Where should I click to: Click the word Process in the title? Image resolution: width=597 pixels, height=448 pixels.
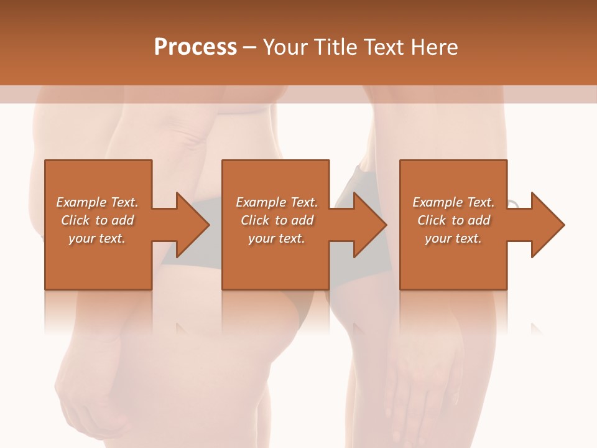pyautogui.click(x=195, y=47)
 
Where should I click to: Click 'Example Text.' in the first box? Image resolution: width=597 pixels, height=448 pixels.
pyautogui.click(x=97, y=202)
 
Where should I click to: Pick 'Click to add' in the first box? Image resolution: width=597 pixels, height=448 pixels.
pyautogui.click(x=97, y=220)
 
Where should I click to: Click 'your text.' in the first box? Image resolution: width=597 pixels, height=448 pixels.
pyautogui.click(x=97, y=238)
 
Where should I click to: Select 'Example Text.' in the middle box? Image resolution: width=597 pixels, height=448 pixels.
pyautogui.click(x=277, y=202)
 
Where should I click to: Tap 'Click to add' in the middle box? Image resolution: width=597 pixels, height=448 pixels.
pyautogui.click(x=277, y=220)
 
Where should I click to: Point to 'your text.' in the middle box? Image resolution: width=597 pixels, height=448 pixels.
pyautogui.click(x=277, y=238)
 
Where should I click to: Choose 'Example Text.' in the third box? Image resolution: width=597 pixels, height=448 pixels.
pyautogui.click(x=453, y=202)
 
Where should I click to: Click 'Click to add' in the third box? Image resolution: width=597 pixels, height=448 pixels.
pyautogui.click(x=453, y=220)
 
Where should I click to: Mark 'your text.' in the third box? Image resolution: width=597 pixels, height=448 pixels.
pyautogui.click(x=453, y=238)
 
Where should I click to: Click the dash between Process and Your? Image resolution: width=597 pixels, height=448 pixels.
pyautogui.click(x=249, y=48)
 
